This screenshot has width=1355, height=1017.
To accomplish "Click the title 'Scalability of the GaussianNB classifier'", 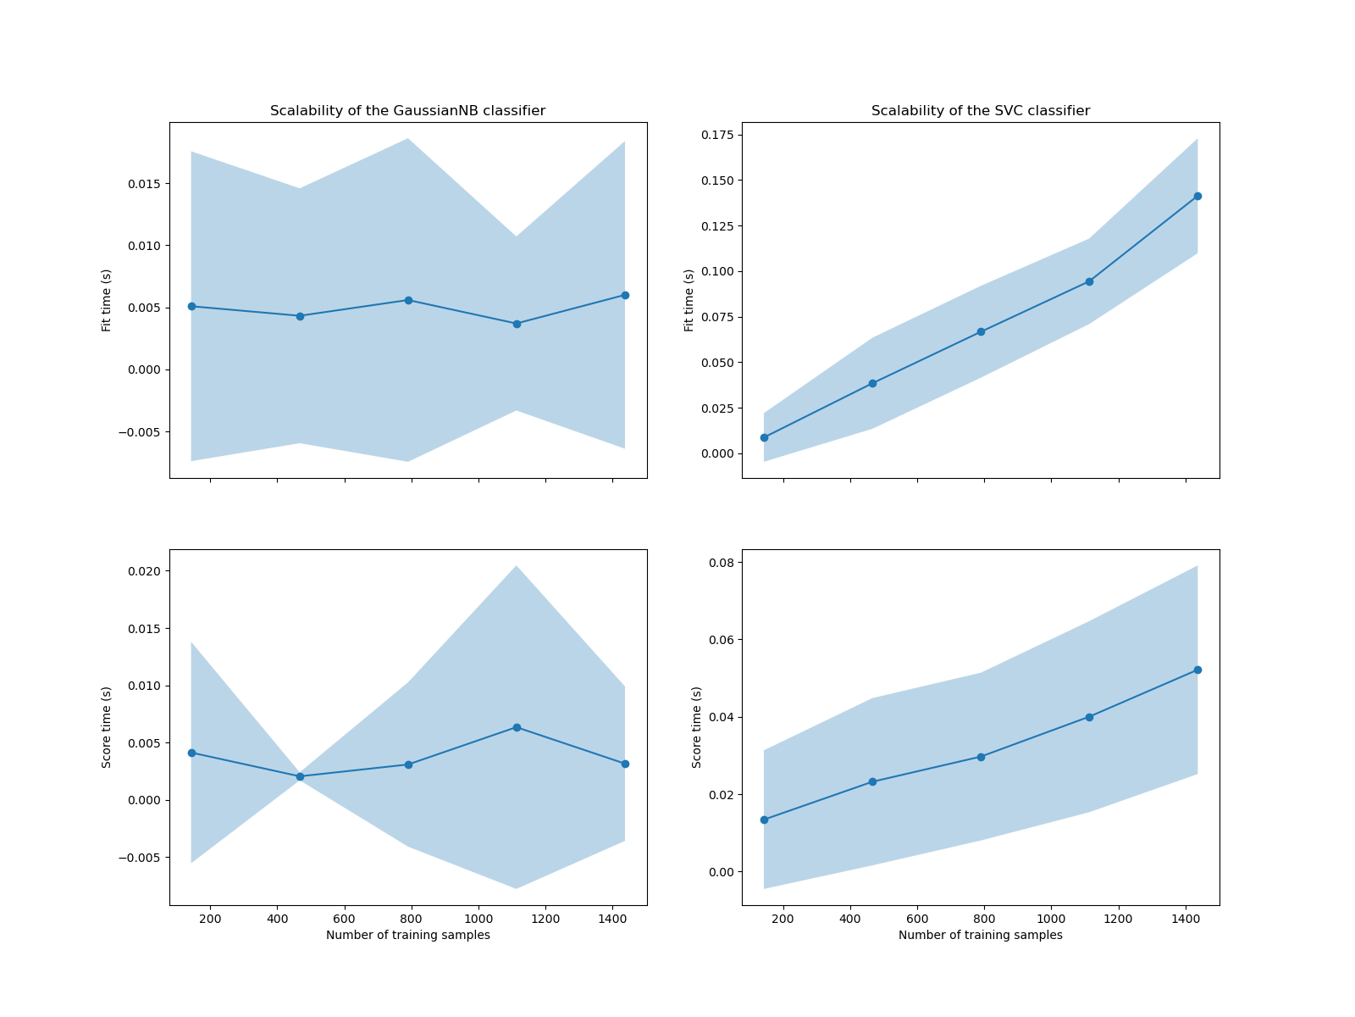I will point(407,111).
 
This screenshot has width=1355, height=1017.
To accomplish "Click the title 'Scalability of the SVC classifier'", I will point(981,111).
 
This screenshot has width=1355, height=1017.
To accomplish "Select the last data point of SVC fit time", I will point(1197,196).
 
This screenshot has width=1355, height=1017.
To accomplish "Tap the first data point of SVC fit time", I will point(764,437).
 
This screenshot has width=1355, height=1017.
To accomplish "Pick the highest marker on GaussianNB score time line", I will point(517,727).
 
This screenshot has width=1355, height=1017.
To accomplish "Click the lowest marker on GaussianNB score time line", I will point(300,776).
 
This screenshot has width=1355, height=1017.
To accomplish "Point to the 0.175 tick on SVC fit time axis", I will point(719,135).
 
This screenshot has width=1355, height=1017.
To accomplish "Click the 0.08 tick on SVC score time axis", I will point(722,562).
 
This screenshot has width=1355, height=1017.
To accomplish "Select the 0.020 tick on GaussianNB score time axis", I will point(147,570).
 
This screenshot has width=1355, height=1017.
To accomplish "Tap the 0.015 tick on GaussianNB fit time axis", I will point(147,184).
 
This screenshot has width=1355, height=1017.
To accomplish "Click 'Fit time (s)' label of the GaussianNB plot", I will point(107,300).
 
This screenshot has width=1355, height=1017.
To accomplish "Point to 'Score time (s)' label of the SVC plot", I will point(697,727).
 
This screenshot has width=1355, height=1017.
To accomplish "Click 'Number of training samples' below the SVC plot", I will point(981,936).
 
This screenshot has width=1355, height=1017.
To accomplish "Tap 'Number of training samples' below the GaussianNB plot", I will point(407,936).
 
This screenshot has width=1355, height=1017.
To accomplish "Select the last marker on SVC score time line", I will point(1197,670).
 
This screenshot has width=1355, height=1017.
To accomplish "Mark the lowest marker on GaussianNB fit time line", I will point(517,324).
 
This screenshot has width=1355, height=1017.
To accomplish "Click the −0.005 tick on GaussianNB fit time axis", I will point(142,432).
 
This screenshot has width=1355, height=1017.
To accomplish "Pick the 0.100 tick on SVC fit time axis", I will point(719,271).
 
